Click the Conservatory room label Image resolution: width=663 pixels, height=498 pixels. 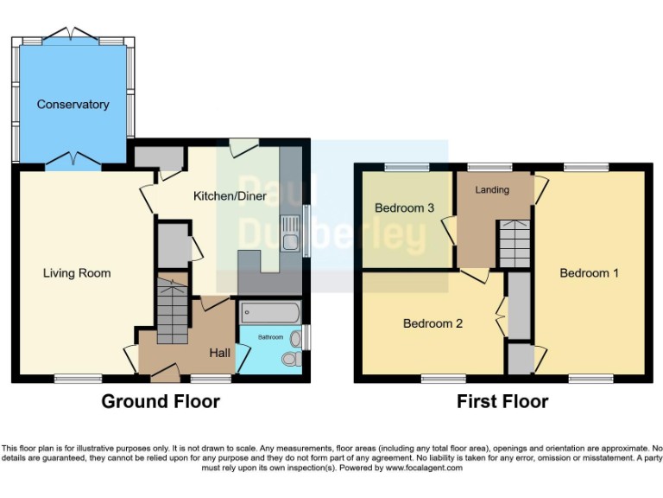coord(73,105)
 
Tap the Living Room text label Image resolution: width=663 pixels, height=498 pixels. coord(77,273)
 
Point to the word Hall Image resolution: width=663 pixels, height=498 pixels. coord(219,353)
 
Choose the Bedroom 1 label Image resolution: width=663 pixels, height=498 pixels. coord(589,273)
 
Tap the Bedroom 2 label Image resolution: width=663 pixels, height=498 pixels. coord(433,324)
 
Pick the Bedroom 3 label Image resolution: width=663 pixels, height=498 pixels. coord(404,208)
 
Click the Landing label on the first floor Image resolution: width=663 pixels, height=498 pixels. coord(492,189)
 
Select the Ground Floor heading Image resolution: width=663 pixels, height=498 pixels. coord(161,401)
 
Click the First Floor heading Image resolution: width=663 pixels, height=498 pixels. coord(502,401)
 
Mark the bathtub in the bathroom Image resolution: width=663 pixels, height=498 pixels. coord(268,311)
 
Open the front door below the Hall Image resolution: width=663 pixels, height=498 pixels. coord(165,375)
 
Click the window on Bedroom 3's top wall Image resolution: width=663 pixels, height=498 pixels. coord(407,166)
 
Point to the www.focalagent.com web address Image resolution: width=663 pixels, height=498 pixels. coord(424,468)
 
